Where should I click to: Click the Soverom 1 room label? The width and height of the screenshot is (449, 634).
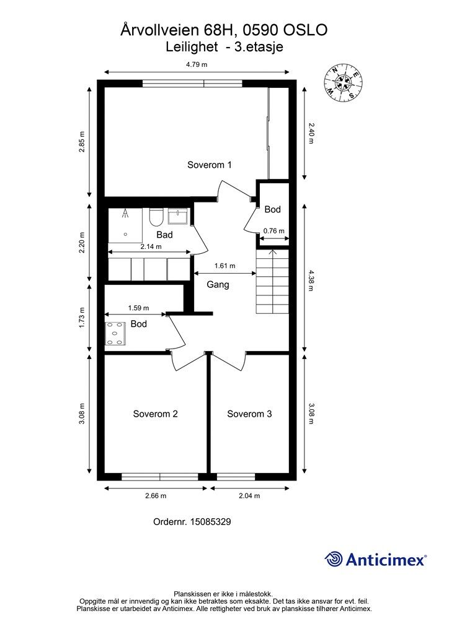click(x=210, y=165)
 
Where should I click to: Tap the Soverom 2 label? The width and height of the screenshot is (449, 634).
click(x=156, y=414)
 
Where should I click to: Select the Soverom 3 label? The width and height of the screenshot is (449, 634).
click(x=249, y=414)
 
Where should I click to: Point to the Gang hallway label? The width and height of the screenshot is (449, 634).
click(x=218, y=285)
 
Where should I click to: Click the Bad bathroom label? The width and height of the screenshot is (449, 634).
click(x=164, y=235)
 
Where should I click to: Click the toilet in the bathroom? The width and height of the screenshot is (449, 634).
click(x=156, y=217)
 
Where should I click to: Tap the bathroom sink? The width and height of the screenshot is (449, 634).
click(x=178, y=216)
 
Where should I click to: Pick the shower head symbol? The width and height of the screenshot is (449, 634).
click(x=125, y=213)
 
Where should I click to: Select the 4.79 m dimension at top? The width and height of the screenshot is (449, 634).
click(x=197, y=64)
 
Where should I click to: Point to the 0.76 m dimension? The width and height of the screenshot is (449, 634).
click(x=273, y=232)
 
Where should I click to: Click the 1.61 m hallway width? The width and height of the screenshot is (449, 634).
click(x=225, y=266)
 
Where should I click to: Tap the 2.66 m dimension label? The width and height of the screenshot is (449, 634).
click(x=156, y=496)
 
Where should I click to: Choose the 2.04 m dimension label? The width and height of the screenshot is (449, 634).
click(x=249, y=496)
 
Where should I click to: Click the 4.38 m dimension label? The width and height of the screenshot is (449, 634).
click(x=311, y=281)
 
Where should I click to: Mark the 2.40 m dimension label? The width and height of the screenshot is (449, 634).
click(x=311, y=134)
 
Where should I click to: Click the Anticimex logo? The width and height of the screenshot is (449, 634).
click(x=376, y=559)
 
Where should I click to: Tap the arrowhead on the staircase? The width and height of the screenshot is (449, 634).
click(x=272, y=253)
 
